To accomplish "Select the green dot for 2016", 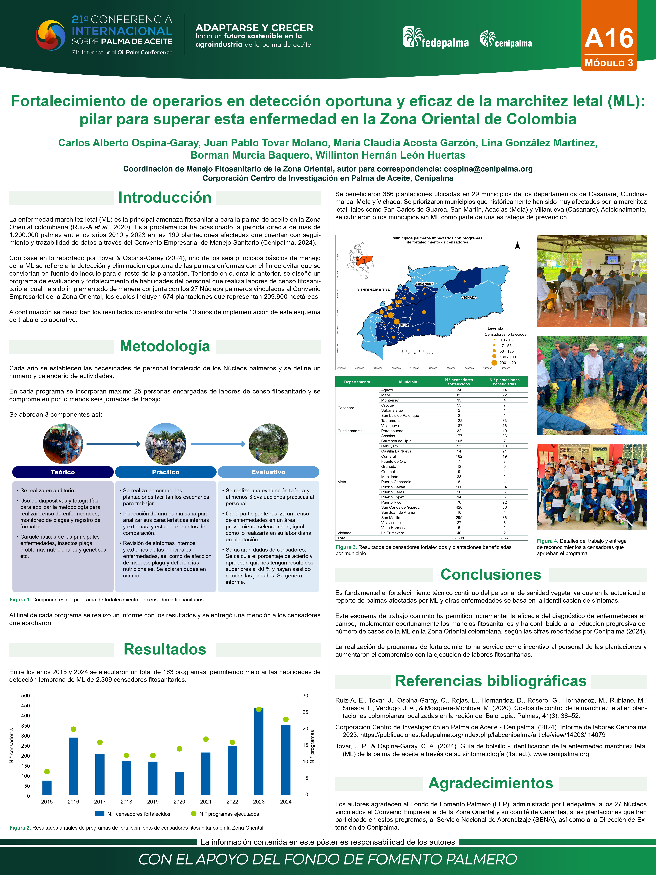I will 73,729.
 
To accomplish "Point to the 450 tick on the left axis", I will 25,706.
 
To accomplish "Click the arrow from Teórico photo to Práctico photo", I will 113,444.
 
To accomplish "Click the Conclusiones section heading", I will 491,575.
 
